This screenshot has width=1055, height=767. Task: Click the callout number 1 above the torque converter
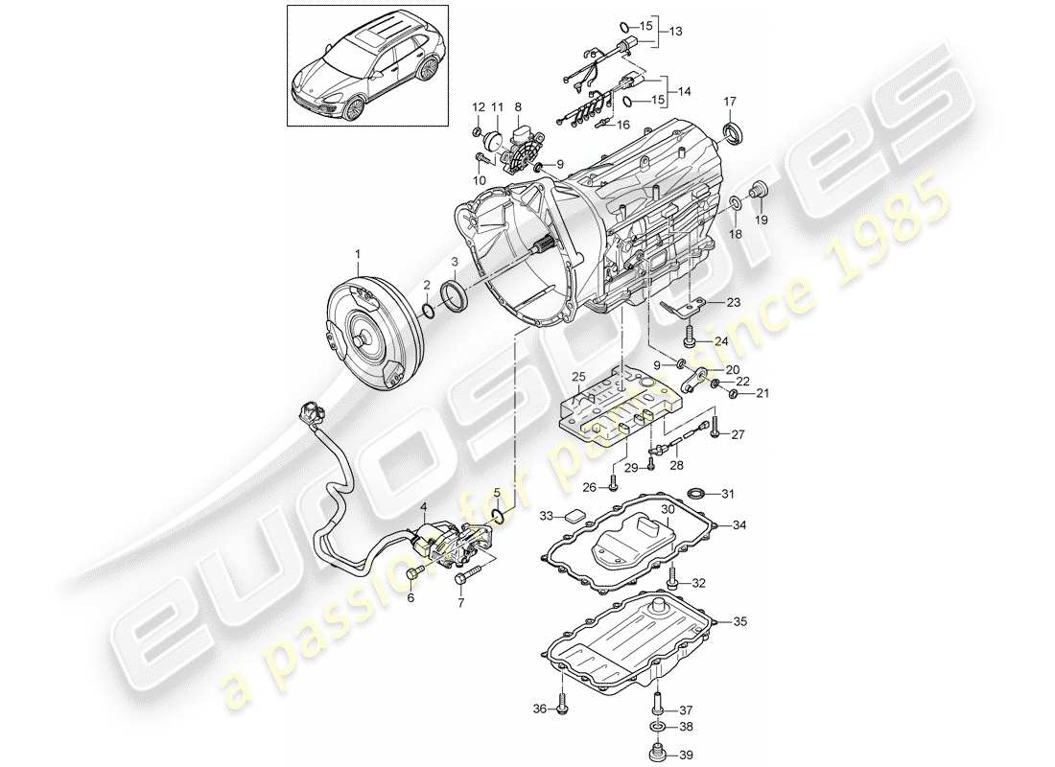tap(359, 254)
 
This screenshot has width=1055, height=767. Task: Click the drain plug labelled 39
tap(658, 755)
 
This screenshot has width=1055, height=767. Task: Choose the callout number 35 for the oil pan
tap(738, 621)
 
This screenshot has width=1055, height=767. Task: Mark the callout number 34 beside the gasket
tap(738, 524)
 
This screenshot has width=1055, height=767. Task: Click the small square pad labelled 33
tap(574, 514)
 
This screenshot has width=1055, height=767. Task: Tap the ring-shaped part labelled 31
tap(696, 494)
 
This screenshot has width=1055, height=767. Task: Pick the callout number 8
tap(518, 106)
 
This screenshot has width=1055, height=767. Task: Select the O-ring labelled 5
tap(497, 517)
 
